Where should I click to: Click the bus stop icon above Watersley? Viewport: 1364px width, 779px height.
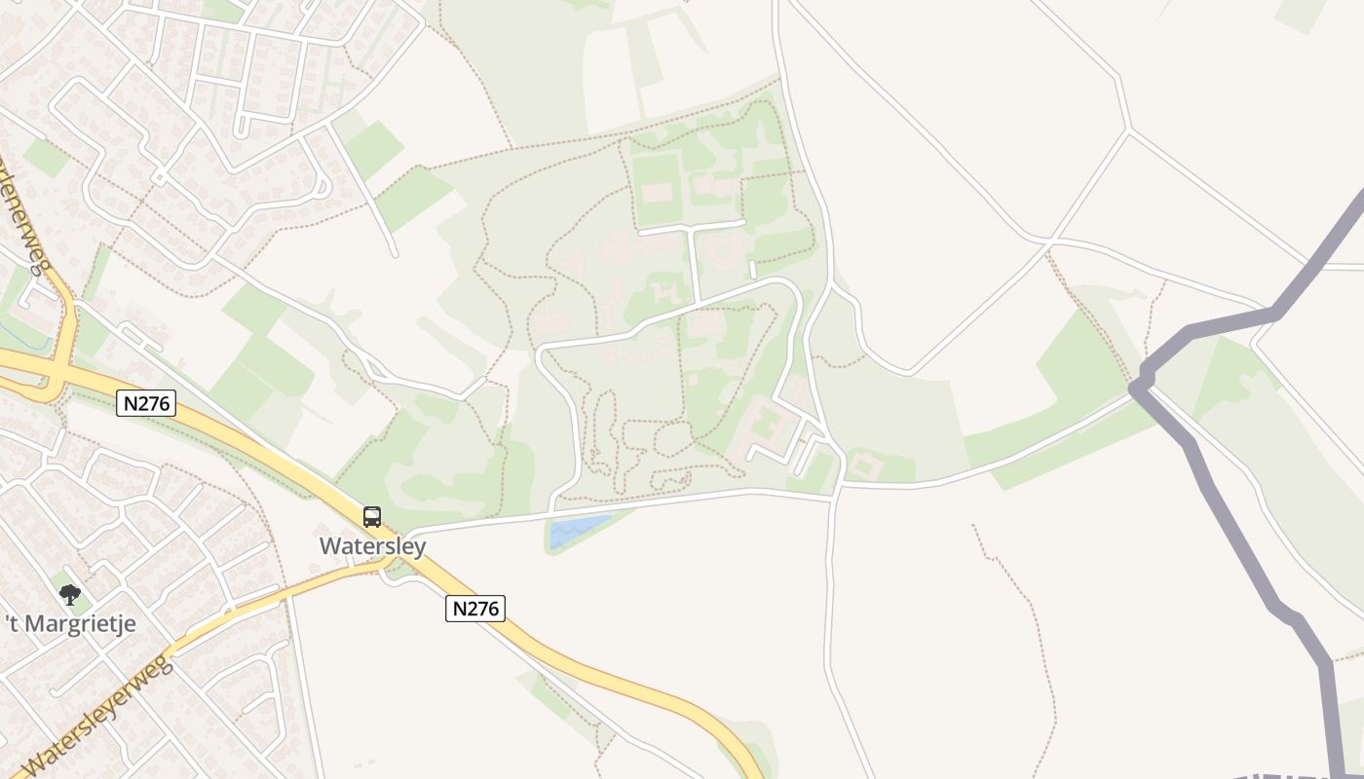coord(372,517)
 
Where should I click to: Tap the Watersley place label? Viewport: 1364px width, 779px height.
coord(372,546)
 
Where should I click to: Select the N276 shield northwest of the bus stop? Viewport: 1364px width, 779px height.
coord(146,403)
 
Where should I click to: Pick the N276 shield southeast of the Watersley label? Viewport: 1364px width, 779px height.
coord(475,609)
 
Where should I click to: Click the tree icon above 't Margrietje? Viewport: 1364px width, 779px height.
coord(69,594)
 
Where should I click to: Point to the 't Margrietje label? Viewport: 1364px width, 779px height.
coord(70,624)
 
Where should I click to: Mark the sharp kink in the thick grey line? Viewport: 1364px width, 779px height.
coord(1136,387)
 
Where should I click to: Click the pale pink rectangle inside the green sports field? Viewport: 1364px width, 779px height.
coord(657,192)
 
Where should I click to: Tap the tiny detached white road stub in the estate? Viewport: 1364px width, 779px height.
coord(752,269)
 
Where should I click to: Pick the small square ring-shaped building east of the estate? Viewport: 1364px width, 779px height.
coord(865,466)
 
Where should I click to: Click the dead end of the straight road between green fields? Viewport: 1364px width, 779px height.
coord(395,255)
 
